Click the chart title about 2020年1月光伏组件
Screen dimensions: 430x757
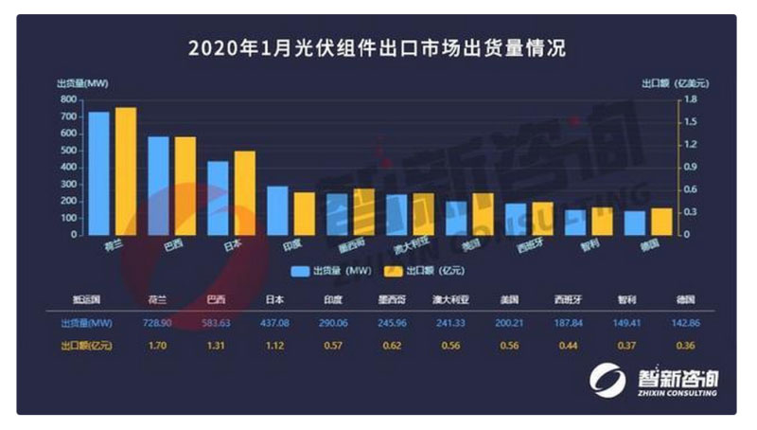tap(377, 47)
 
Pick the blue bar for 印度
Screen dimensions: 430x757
tap(277, 209)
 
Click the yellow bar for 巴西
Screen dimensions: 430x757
tap(185, 185)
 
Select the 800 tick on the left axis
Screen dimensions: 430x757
tap(68, 99)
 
